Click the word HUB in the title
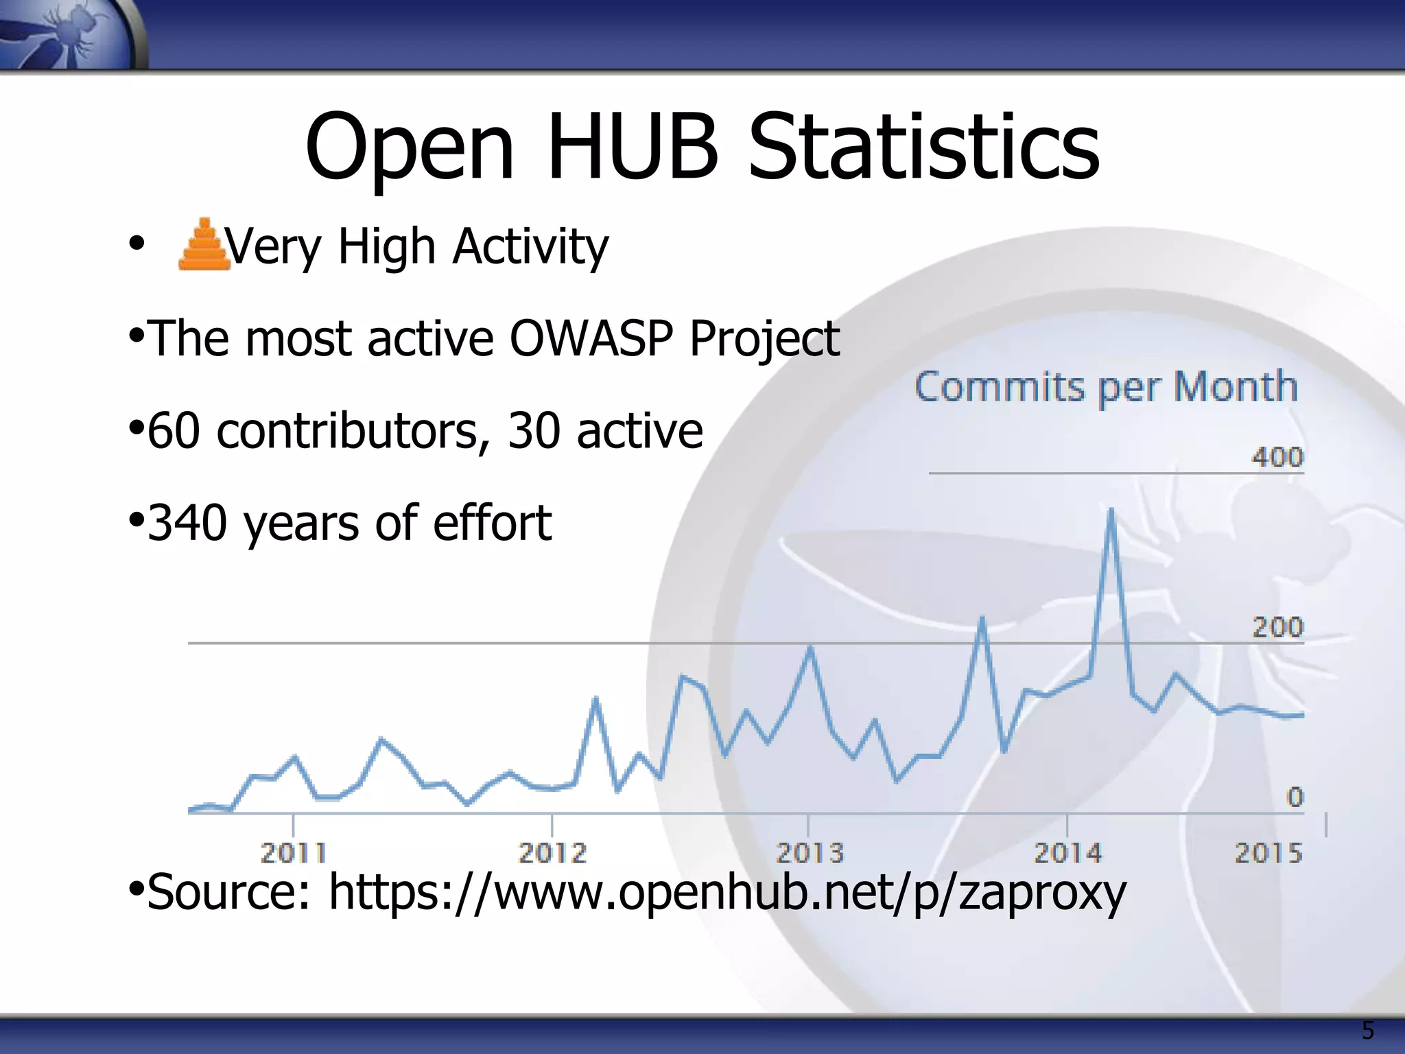pos(632,148)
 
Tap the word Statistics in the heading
pos(923,148)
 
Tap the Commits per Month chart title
pos(1106,387)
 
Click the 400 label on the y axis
pos(1277,457)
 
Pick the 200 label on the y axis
pos(1277,627)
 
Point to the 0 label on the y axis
pos(1294,797)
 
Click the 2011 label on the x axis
pos(294,853)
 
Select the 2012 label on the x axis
pos(552,853)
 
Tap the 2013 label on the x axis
pos(810,853)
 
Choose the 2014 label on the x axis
pos(1067,853)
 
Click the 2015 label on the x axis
pos(1268,853)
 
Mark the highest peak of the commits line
pos(1111,511)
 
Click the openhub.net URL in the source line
pos(727,892)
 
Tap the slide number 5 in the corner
pos(1367,1031)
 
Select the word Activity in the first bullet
pos(530,246)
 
